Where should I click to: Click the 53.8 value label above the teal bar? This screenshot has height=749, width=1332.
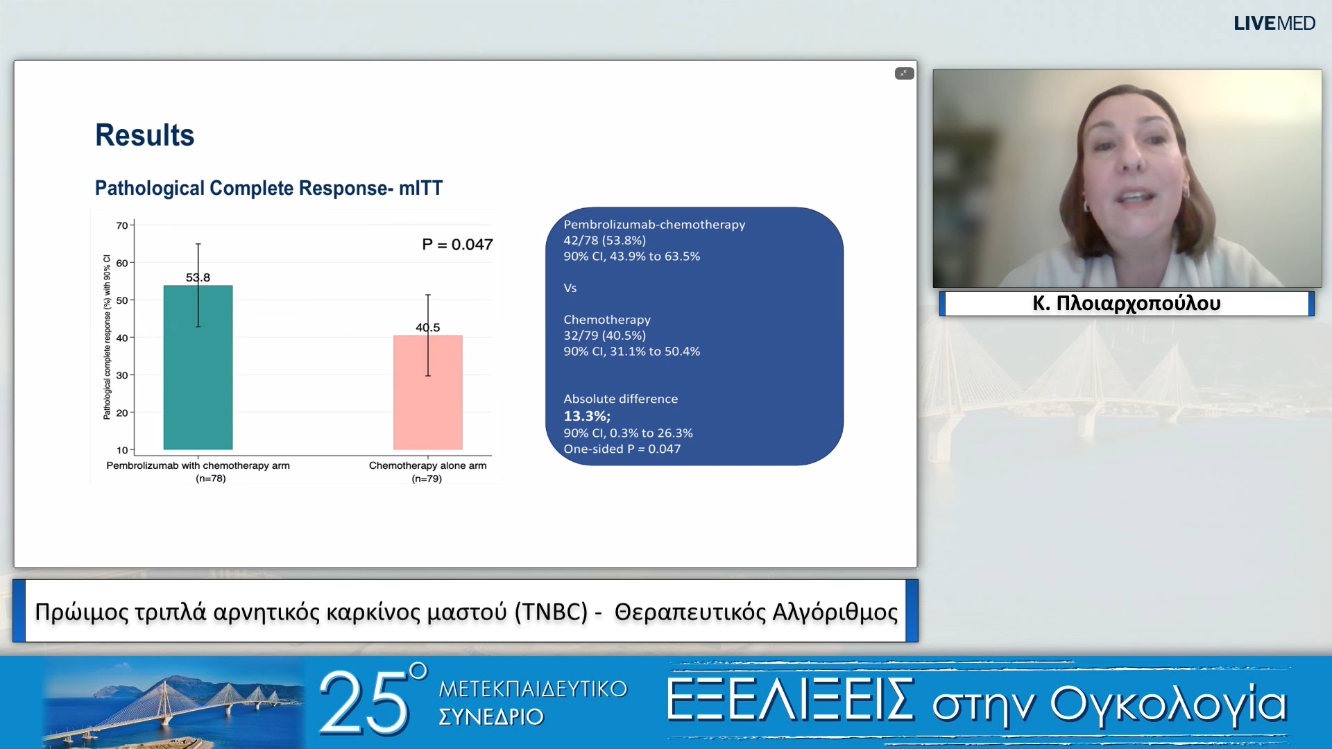[198, 277]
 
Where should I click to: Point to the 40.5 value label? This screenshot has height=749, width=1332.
[427, 327]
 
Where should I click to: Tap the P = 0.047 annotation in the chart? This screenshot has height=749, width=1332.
[457, 244]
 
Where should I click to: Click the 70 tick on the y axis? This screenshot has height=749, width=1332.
[122, 225]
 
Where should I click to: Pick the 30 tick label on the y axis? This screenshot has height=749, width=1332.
[122, 375]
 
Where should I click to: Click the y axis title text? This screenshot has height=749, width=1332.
[107, 338]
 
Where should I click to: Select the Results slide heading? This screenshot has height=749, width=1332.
[144, 135]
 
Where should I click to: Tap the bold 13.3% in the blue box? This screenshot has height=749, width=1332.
[586, 416]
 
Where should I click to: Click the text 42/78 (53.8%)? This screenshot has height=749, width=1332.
[604, 240]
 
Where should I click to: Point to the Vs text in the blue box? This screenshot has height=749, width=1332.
[570, 288]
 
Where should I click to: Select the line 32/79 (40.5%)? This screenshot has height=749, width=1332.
[604, 335]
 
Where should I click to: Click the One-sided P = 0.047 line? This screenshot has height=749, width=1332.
[622, 449]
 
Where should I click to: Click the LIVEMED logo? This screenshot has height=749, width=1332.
[1274, 24]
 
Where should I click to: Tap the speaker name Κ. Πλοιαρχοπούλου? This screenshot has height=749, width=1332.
[1126, 303]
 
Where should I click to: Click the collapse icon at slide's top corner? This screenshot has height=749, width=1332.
[904, 74]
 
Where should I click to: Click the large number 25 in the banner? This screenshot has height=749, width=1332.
[364, 703]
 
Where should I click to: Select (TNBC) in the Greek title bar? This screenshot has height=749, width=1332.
[551, 612]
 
